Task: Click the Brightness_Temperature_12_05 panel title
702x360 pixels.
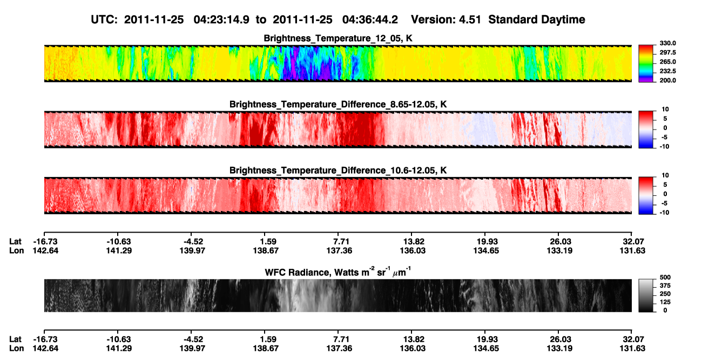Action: [338, 38]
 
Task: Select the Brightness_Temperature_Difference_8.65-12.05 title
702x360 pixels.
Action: [338, 104]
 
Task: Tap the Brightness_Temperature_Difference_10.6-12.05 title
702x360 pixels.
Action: [338, 171]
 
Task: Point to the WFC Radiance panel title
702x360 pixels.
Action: [338, 271]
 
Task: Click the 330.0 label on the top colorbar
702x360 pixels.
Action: [667, 43]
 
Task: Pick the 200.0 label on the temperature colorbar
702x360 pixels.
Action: [667, 80]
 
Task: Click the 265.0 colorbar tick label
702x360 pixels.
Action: [667, 62]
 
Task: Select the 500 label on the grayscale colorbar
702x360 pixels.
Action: [665, 277]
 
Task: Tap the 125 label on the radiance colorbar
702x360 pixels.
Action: [665, 302]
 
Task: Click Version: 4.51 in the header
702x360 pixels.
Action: [446, 19]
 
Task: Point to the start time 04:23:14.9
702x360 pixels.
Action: [221, 19]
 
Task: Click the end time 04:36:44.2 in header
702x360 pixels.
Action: [370, 19]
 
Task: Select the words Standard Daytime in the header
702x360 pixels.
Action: [537, 19]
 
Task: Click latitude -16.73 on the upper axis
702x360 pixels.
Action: [45, 242]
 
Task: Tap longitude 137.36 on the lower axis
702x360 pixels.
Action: [339, 349]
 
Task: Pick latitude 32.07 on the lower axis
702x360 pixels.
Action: [633, 339]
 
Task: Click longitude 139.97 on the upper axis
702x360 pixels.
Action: [192, 250]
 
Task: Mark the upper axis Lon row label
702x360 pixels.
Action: [16, 250]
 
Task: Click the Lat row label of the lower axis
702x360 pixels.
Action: [15, 339]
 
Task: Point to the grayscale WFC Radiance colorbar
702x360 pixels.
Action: [646, 295]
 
